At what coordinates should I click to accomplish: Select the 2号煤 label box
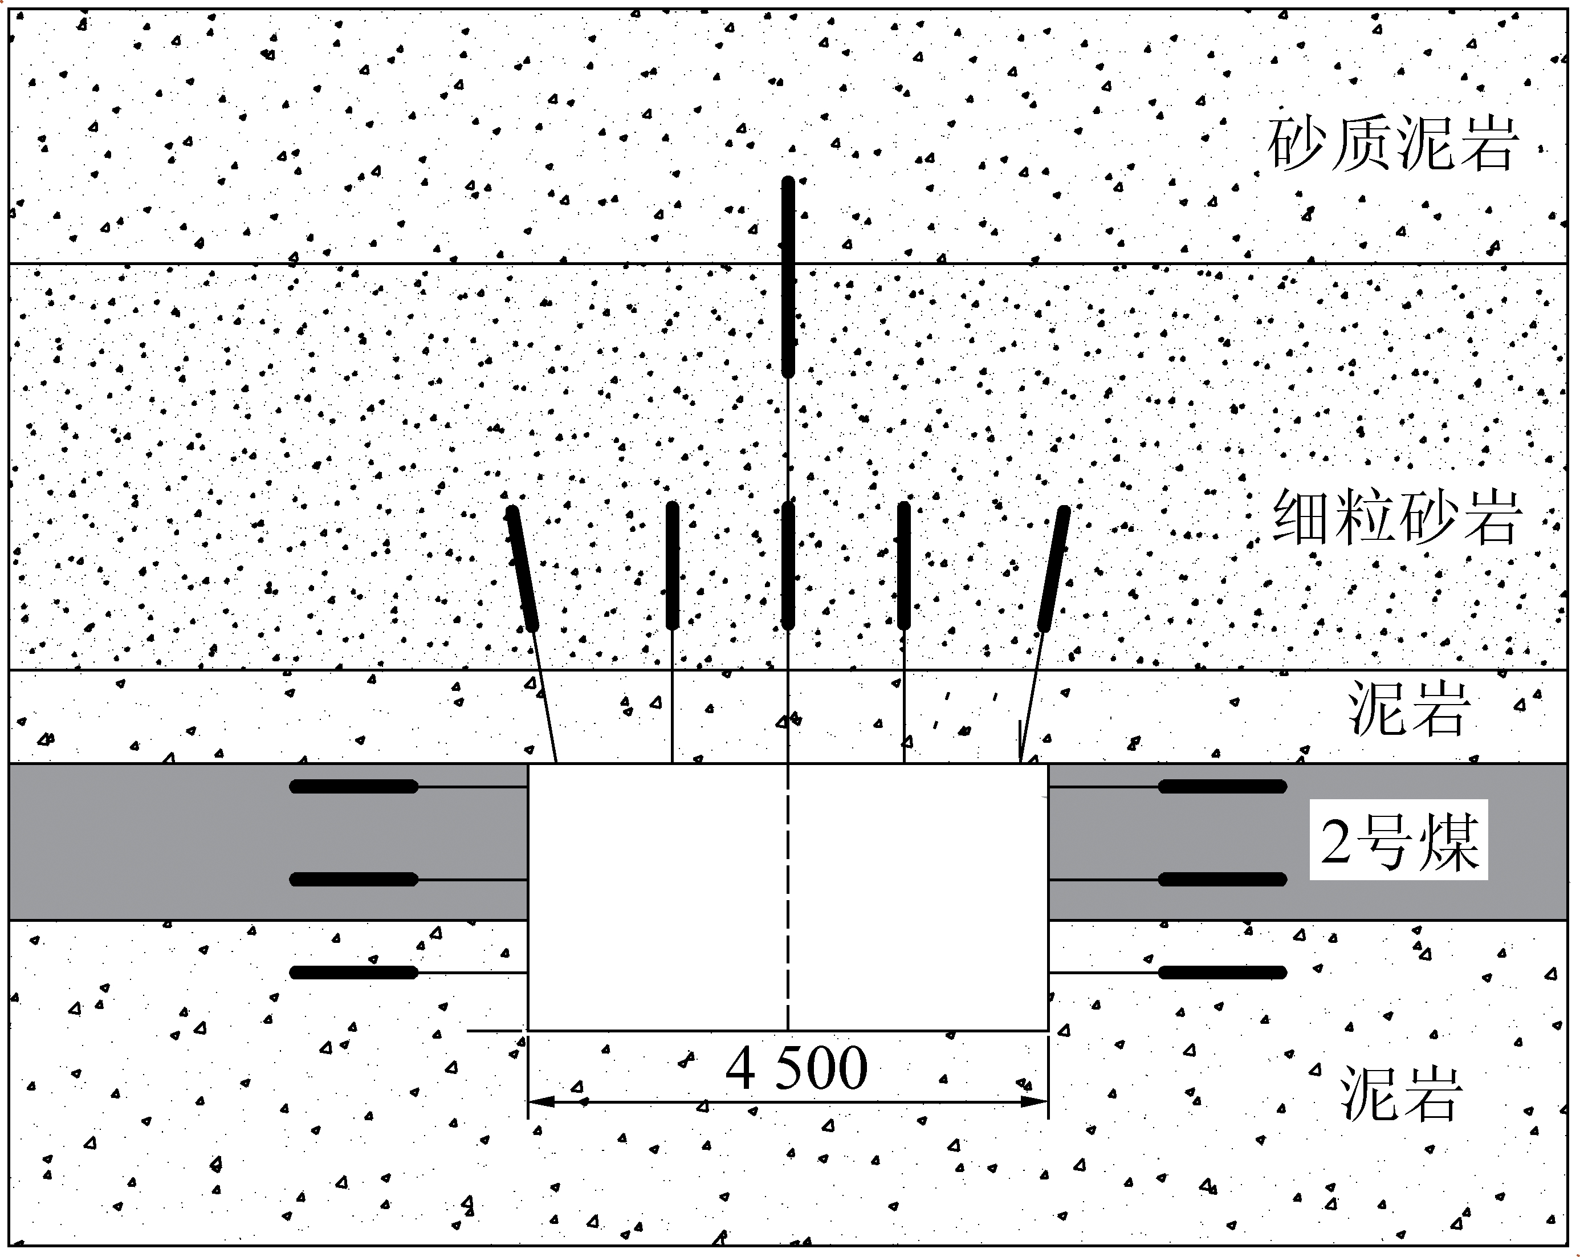point(1398,840)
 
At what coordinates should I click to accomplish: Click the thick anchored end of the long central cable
point(788,277)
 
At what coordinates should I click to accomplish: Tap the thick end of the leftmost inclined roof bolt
point(523,568)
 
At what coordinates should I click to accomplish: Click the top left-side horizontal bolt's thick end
point(354,787)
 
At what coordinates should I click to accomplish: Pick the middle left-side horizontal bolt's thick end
point(354,879)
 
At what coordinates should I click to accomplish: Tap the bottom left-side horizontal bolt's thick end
point(354,973)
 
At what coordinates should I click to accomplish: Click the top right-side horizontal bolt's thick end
point(1221,787)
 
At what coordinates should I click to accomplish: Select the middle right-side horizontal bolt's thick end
point(1221,879)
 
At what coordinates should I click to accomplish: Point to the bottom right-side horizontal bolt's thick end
point(1221,973)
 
